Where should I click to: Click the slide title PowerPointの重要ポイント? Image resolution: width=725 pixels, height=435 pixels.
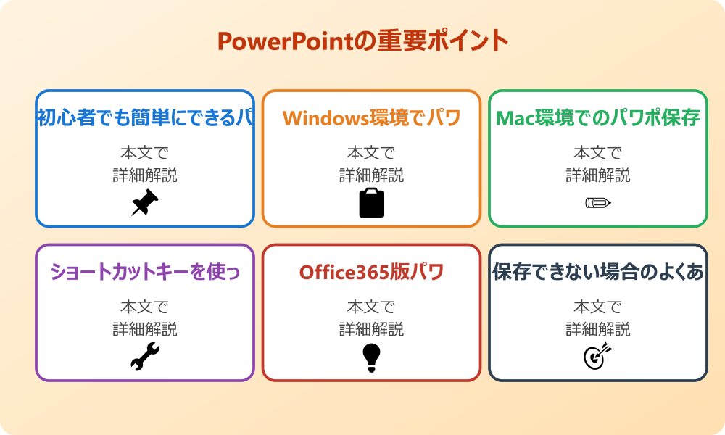point(362,41)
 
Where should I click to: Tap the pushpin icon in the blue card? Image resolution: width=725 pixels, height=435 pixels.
point(145,203)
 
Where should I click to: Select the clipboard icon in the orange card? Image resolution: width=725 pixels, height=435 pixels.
point(371,203)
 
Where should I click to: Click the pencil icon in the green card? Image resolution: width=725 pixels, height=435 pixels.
point(597,202)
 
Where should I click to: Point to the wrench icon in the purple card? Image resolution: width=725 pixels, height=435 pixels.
point(145,357)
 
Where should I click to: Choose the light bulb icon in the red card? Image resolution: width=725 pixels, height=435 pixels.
point(371,357)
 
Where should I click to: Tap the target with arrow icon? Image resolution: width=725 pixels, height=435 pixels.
point(597,357)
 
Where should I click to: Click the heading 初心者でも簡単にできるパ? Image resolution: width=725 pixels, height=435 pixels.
point(145,118)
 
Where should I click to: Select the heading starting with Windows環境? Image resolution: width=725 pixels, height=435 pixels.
point(371,118)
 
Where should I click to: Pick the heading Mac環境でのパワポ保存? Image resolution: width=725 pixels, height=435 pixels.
point(597,118)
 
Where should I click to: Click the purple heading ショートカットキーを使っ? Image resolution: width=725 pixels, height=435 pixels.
point(145,272)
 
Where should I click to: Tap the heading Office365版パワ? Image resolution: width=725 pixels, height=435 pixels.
point(371,272)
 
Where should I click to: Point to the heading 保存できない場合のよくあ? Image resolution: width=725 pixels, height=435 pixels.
point(597,272)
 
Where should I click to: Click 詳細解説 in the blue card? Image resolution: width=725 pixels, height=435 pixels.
point(145,175)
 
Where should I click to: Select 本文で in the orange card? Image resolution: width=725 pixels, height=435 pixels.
point(371,153)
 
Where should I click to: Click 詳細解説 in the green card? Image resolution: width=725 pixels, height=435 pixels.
point(597,175)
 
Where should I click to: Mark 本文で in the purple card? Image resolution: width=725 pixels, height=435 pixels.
point(145,307)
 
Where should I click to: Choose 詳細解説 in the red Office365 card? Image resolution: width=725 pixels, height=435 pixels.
point(371,329)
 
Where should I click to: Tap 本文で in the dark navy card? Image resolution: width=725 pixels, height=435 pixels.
point(597,307)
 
